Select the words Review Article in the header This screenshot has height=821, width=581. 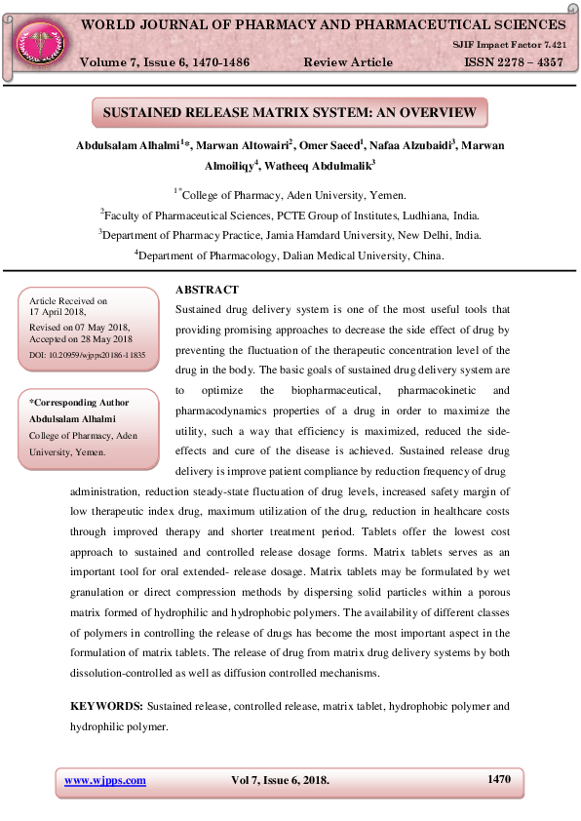(348, 62)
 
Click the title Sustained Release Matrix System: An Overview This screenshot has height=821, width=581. (290, 113)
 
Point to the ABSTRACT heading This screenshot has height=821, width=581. (206, 291)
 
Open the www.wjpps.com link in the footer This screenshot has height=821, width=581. (105, 780)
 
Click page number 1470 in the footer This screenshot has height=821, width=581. (498, 779)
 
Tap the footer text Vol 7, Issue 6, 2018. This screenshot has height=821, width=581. (280, 780)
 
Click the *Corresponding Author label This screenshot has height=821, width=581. (79, 402)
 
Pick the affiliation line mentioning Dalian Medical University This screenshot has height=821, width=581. (290, 255)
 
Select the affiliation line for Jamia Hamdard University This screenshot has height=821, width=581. (290, 235)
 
